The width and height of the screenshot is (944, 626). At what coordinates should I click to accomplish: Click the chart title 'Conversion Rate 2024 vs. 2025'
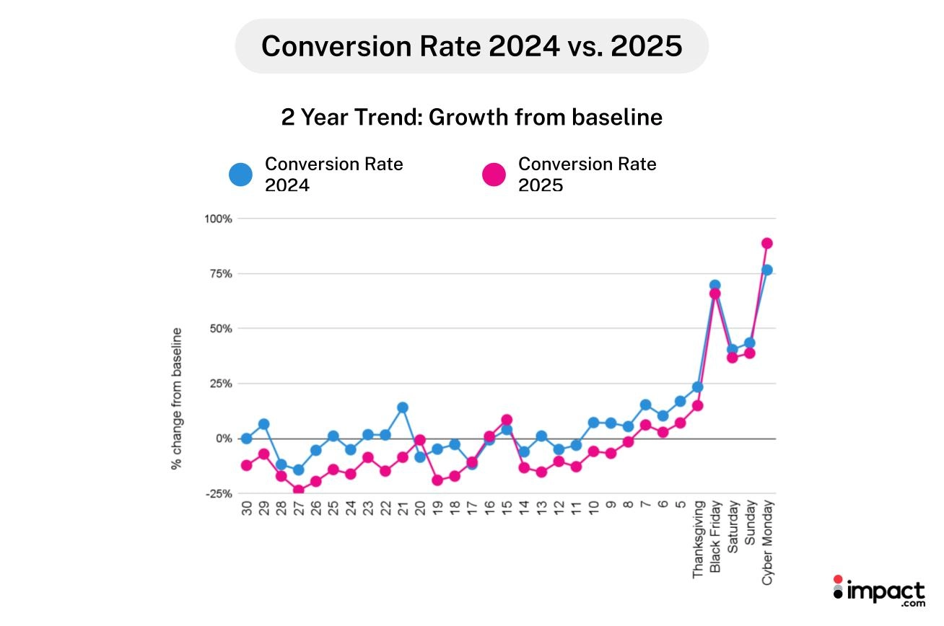click(471, 46)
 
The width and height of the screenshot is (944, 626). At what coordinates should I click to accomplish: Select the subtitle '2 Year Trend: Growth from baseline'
click(471, 117)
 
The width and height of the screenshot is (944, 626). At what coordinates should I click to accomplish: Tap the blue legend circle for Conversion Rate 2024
click(240, 175)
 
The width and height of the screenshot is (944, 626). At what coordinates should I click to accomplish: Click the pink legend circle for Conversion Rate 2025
click(494, 175)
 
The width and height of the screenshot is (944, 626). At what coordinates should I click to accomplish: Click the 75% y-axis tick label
click(218, 274)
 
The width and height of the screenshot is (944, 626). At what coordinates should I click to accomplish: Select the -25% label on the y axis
click(217, 494)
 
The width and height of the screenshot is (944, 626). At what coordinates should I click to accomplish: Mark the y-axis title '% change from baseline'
click(177, 399)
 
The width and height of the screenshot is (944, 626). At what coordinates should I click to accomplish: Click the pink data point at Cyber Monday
click(767, 243)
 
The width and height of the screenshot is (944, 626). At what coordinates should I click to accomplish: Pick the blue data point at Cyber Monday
click(767, 270)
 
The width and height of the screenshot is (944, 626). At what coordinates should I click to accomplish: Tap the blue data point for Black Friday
click(714, 286)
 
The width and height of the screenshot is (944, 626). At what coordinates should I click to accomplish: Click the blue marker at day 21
click(403, 407)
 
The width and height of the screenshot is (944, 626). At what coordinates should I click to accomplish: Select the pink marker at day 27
click(298, 490)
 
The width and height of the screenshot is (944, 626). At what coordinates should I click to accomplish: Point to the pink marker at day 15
click(507, 420)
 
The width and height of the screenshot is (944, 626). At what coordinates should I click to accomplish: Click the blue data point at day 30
click(246, 438)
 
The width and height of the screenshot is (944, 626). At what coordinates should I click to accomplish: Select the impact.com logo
click(878, 592)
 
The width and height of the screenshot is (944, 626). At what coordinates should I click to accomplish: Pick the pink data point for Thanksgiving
click(697, 405)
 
